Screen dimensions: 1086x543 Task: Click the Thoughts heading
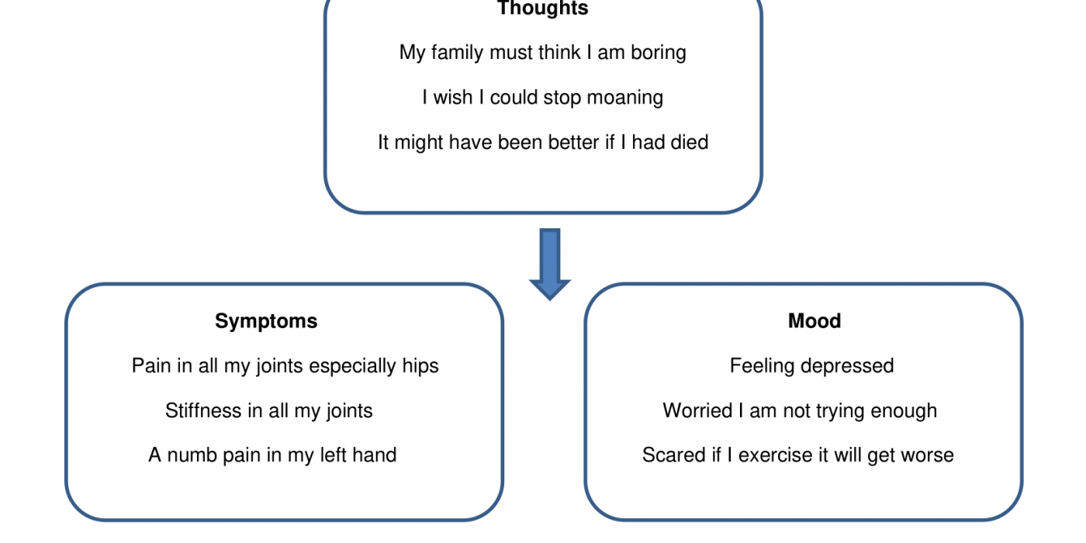(542, 9)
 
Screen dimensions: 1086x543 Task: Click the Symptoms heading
(266, 322)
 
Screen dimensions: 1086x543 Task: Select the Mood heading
(814, 321)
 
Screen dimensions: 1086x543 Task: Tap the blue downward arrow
(550, 265)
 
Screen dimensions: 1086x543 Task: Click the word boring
(659, 53)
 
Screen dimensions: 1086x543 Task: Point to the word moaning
(625, 98)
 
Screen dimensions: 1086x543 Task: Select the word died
(689, 143)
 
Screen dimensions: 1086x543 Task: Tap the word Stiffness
(203, 410)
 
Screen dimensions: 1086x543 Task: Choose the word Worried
(697, 410)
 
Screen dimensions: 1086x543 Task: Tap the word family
(457, 53)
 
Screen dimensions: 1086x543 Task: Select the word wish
(453, 98)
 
